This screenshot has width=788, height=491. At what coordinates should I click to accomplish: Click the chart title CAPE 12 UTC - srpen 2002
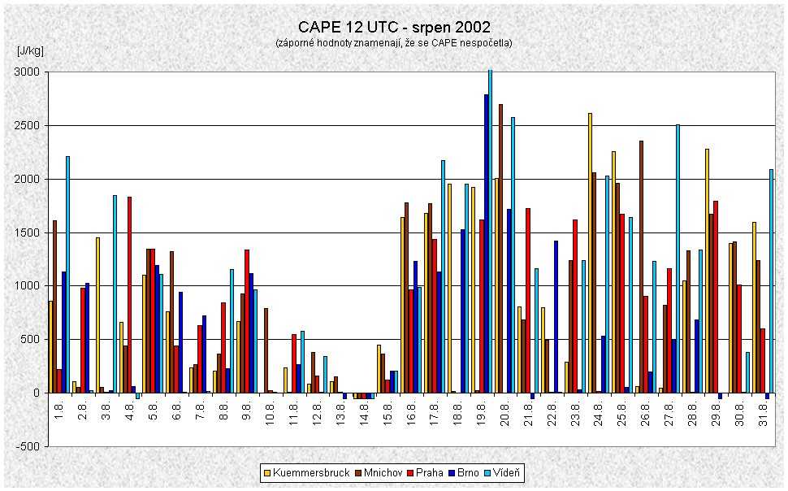click(x=394, y=28)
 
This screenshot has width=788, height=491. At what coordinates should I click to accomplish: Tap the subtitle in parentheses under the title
click(x=394, y=43)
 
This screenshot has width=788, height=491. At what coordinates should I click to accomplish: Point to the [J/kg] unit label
click(x=31, y=50)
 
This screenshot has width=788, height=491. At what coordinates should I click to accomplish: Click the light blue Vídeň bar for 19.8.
click(x=490, y=232)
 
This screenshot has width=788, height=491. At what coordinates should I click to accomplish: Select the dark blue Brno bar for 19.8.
click(x=486, y=244)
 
